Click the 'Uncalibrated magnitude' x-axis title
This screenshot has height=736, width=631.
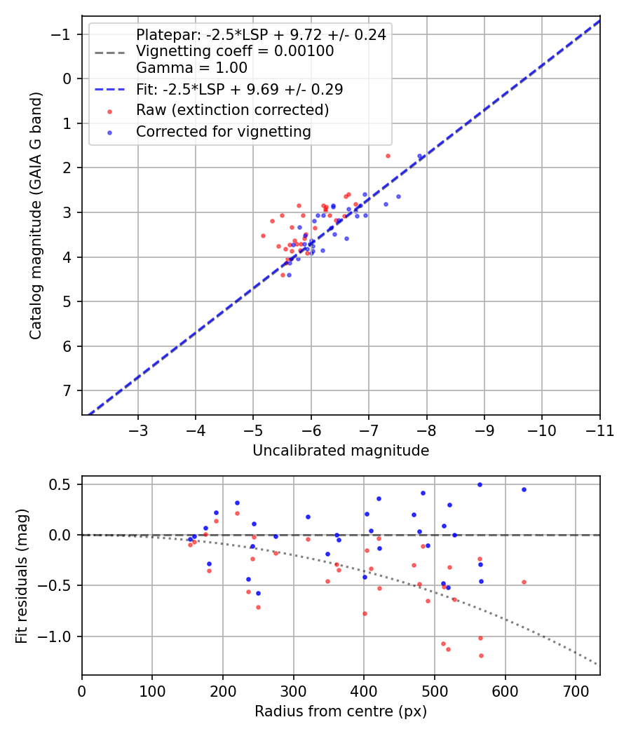point(340,451)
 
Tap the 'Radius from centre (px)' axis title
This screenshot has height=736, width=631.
point(340,711)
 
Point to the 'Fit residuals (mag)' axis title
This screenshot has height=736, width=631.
point(22,575)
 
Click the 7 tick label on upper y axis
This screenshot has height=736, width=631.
point(67,390)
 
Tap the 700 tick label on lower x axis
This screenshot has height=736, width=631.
point(575,690)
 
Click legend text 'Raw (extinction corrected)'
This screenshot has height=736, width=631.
point(232,110)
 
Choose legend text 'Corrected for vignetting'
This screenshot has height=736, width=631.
point(223,131)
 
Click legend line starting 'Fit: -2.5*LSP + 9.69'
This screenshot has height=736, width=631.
point(239,89)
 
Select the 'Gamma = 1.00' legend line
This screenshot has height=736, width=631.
point(191,68)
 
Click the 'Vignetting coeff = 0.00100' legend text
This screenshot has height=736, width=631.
point(235,51)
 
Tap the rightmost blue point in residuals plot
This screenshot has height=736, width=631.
point(524,489)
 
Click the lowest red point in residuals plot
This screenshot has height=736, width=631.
point(481,655)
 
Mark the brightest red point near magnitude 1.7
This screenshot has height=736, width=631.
point(388,156)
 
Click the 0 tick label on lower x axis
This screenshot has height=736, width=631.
point(82,690)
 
